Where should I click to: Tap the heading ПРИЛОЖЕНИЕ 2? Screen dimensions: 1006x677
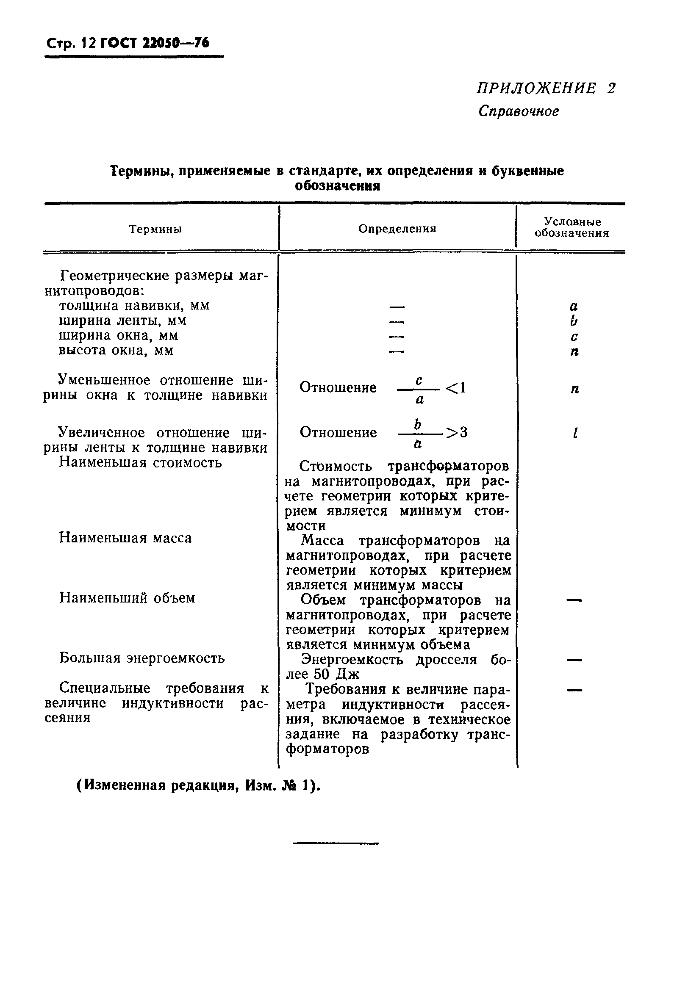pyautogui.click(x=546, y=88)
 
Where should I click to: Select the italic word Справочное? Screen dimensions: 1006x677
pyautogui.click(x=519, y=112)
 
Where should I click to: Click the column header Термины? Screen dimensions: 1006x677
pyautogui.click(x=156, y=229)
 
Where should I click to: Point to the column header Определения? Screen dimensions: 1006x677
pyautogui.click(x=397, y=229)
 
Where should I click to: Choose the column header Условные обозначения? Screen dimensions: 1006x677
pyautogui.click(x=572, y=227)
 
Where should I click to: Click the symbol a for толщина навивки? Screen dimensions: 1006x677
pyautogui.click(x=573, y=307)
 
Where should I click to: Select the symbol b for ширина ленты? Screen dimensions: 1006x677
pyautogui.click(x=573, y=321)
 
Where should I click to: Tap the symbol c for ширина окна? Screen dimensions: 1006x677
pyautogui.click(x=574, y=337)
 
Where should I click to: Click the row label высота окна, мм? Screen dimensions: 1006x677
pyautogui.click(x=116, y=350)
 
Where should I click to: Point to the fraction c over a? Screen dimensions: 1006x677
pyautogui.click(x=419, y=390)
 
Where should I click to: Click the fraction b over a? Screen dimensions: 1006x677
pyautogui.click(x=418, y=434)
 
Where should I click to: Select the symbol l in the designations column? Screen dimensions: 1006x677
pyautogui.click(x=574, y=433)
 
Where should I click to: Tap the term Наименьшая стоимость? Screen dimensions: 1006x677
pyautogui.click(x=140, y=463)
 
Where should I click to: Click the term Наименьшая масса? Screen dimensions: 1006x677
pyautogui.click(x=125, y=538)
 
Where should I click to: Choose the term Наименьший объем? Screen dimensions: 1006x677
pyautogui.click(x=127, y=598)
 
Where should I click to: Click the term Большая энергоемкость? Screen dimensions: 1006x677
pyautogui.click(x=142, y=658)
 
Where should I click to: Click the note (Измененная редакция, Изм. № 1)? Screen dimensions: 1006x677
pyautogui.click(x=199, y=785)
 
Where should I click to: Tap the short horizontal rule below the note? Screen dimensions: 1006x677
pyautogui.click(x=336, y=843)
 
